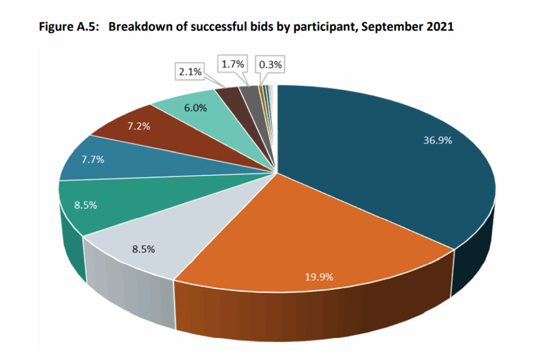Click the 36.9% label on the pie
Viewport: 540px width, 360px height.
pos(438,141)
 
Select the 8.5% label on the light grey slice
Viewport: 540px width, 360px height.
pos(143,249)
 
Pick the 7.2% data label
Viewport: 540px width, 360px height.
pos(138,126)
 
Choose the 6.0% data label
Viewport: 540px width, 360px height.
pos(195,108)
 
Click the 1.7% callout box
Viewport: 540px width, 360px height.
pos(233,64)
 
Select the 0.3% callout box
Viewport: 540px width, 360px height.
pos(270,64)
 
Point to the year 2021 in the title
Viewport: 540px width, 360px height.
pos(440,28)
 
